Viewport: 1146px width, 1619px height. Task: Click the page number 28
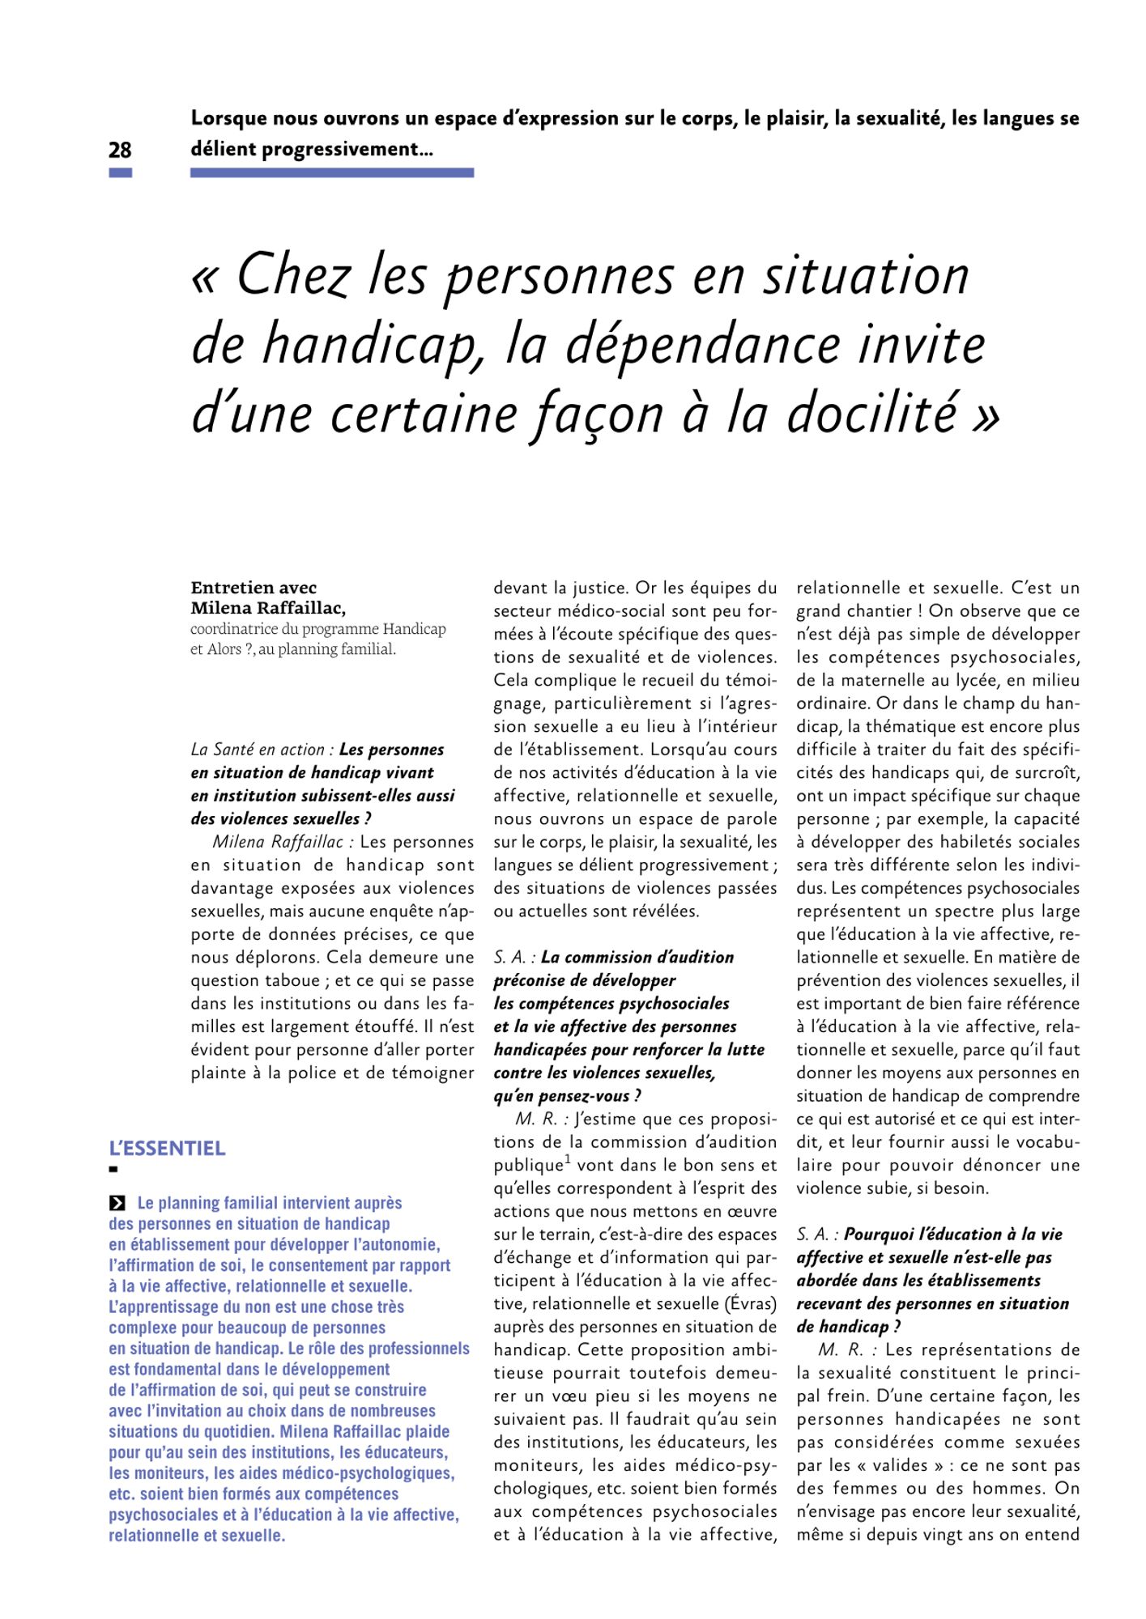click(x=120, y=150)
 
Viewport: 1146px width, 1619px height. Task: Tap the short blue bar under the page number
click(x=120, y=172)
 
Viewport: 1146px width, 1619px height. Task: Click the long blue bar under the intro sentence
click(x=332, y=172)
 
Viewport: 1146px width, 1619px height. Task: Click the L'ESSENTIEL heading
click(x=167, y=1148)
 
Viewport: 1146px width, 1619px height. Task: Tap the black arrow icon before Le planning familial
click(x=117, y=1203)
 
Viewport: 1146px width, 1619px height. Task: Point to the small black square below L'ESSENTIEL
click(x=113, y=1169)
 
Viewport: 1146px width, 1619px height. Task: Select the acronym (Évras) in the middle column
click(x=751, y=1303)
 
